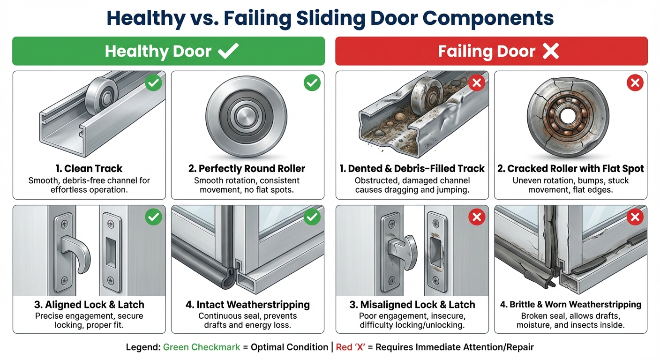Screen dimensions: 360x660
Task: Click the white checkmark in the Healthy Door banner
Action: click(229, 51)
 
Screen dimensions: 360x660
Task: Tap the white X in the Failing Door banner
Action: click(550, 51)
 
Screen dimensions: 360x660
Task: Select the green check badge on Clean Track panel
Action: click(153, 84)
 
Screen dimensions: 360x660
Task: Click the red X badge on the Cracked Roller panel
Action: click(635, 84)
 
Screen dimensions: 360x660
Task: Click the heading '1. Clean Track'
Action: click(88, 168)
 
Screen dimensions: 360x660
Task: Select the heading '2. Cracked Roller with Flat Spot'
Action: click(570, 168)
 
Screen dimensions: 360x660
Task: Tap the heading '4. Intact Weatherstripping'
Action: click(247, 305)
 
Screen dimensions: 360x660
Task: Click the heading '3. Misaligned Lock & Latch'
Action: click(412, 305)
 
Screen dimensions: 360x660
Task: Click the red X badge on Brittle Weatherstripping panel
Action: click(635, 217)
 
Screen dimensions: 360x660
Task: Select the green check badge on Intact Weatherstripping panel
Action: click(312, 217)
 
